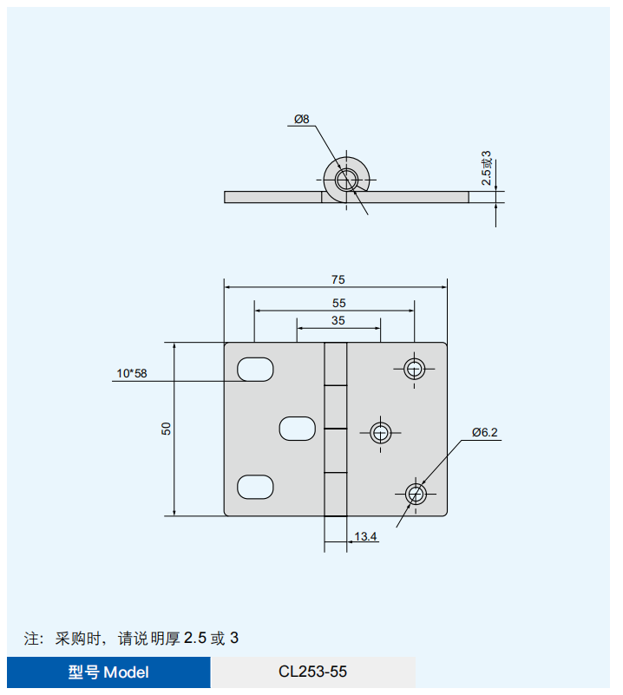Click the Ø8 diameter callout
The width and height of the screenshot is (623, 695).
(301, 119)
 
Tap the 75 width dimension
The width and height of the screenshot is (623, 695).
(338, 279)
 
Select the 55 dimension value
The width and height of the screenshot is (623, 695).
(338, 303)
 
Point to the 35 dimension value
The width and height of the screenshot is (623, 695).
(338, 320)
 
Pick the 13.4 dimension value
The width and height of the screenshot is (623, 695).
(365, 537)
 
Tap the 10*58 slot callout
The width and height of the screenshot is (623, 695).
(132, 374)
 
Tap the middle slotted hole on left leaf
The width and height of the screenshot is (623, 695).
(297, 428)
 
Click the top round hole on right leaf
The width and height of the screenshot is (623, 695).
(415, 369)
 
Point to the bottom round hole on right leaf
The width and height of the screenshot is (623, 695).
(416, 495)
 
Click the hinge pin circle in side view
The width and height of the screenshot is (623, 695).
(348, 180)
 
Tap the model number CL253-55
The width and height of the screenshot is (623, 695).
(312, 672)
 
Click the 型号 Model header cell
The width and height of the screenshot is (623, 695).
(108, 672)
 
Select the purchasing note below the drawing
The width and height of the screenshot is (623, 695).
(131, 639)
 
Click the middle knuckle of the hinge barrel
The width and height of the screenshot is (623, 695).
(336, 407)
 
